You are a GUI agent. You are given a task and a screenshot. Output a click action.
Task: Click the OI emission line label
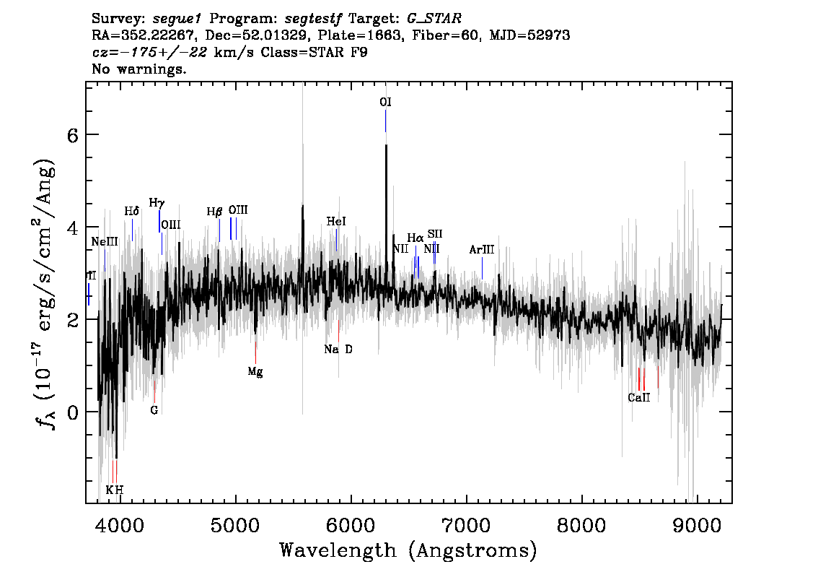tap(385, 102)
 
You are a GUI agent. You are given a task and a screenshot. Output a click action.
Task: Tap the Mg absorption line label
tap(255, 372)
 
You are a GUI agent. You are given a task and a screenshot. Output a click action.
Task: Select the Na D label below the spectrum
tap(338, 349)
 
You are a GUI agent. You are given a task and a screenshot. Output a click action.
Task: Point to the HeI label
tap(336, 222)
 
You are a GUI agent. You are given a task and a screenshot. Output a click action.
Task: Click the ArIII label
tap(482, 250)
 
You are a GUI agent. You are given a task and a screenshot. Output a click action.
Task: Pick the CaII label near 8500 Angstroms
tap(639, 397)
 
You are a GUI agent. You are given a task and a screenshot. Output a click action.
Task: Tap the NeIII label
tap(105, 242)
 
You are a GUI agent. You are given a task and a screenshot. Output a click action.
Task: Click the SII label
tap(434, 233)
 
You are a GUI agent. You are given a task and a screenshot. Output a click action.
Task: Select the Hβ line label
tap(214, 212)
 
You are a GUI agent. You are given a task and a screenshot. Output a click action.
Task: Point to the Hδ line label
tap(132, 211)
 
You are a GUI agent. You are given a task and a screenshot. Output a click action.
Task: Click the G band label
tap(154, 410)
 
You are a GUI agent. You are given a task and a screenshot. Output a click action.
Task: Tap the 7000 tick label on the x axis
tap(466, 525)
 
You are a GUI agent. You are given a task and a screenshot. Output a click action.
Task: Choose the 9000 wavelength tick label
tap(696, 525)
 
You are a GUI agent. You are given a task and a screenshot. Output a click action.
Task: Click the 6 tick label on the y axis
tap(72, 135)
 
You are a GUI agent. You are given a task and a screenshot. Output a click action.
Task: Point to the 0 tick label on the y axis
tap(72, 412)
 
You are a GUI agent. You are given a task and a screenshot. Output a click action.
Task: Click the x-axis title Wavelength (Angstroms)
tap(408, 550)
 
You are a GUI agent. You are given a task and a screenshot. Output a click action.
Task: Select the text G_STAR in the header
tap(434, 19)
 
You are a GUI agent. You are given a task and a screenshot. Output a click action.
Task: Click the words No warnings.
tap(138, 69)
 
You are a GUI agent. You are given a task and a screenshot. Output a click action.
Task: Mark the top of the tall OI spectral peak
tap(386, 145)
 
